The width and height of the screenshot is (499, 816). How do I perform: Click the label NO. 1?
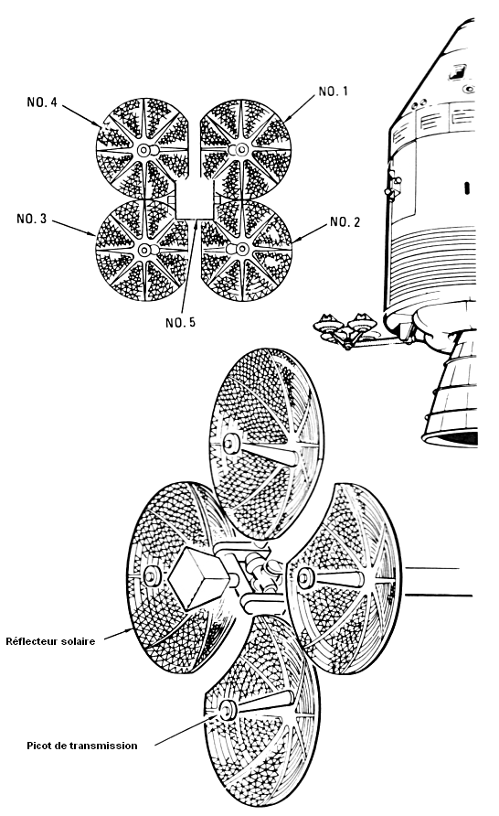333,91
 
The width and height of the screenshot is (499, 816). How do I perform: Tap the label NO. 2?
345,222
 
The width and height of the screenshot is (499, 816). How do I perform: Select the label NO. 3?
32,219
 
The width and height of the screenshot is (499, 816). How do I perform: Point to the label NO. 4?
42,102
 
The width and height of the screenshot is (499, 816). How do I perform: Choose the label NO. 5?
180,323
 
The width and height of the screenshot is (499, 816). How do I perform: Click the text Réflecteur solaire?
50,641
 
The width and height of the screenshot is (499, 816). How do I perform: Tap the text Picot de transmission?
82,746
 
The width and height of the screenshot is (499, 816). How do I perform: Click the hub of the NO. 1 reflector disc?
240,150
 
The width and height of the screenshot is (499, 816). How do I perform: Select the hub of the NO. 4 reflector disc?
143,150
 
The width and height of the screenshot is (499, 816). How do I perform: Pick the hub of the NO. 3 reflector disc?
143,251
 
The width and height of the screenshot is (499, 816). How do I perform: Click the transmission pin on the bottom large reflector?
228,711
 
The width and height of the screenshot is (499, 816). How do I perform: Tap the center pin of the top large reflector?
228,444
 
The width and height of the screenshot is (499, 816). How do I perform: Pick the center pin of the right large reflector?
305,577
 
